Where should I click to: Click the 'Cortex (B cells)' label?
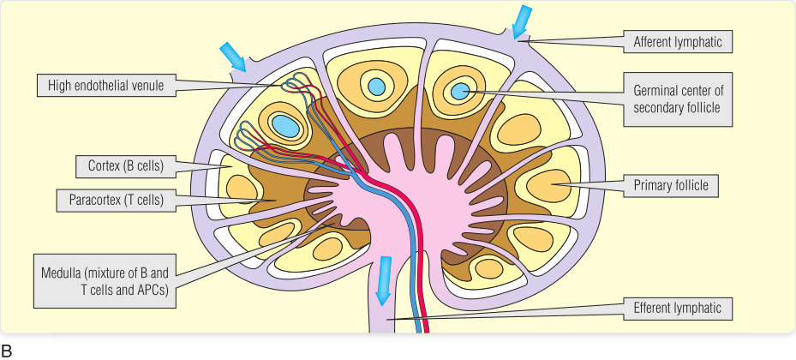tap(125, 164)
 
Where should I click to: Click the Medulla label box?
tap(106, 280)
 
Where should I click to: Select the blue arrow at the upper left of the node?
tap(233, 57)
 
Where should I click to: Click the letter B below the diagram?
tap(7, 350)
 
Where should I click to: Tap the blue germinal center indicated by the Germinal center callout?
tap(460, 90)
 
